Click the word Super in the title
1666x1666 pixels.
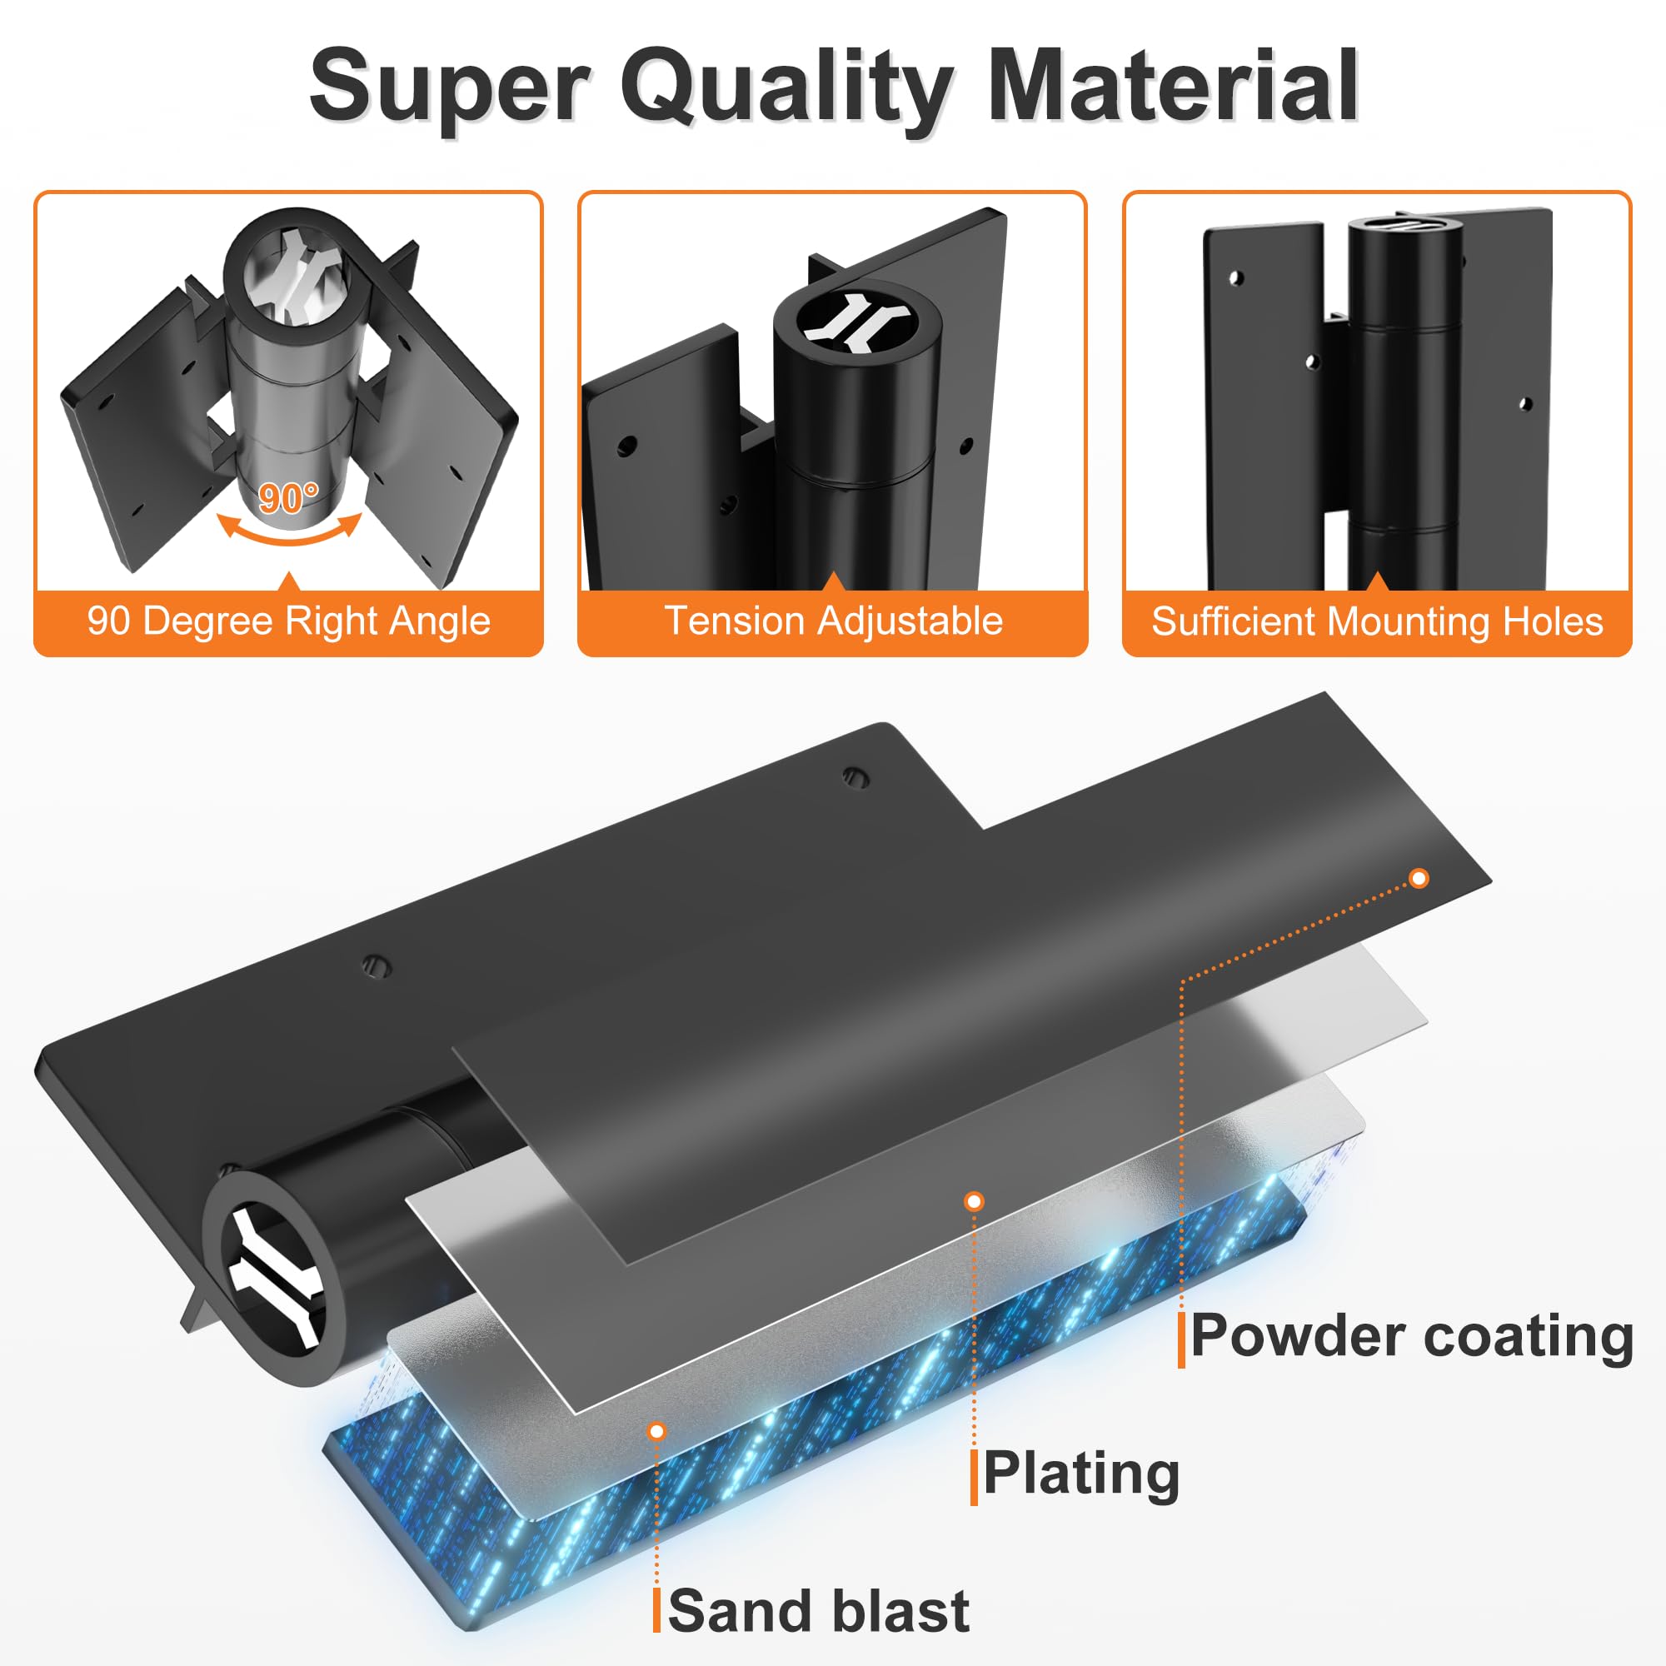click(x=448, y=87)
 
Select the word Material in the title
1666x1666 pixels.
click(x=1173, y=87)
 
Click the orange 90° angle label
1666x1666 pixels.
click(x=288, y=497)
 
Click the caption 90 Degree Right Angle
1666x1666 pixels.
click(x=289, y=621)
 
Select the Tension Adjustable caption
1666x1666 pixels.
click(x=833, y=621)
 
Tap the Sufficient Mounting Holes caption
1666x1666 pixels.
click(x=1377, y=621)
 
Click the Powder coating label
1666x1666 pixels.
click(x=1412, y=1338)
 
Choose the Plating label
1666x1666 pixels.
click(x=1080, y=1473)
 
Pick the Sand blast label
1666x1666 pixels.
click(x=818, y=1611)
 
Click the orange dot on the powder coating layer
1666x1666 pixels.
click(x=1419, y=879)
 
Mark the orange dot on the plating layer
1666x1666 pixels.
click(x=974, y=1201)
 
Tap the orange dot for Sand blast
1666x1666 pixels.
click(x=657, y=1431)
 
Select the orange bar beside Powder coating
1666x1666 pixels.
click(x=1181, y=1339)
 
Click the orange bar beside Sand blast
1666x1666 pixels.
click(x=657, y=1610)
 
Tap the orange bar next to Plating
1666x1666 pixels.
click(x=975, y=1477)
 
